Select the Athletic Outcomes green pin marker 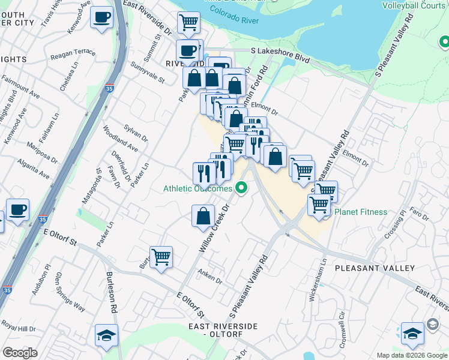pos(242,188)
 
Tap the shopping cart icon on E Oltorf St pos(161,257)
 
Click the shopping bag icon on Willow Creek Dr pos(203,216)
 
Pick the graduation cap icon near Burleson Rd pos(106,335)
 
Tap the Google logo pos(20,353)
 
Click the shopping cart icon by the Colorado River pos(188,23)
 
